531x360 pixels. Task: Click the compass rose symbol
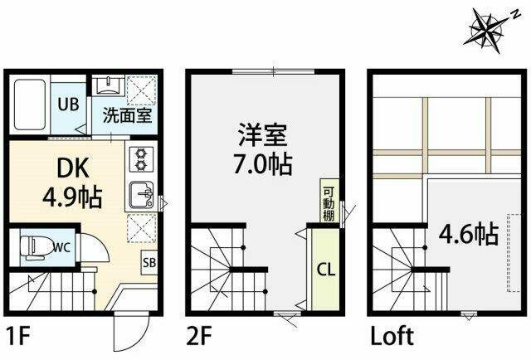487,31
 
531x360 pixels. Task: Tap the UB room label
68,105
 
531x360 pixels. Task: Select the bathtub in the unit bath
30,105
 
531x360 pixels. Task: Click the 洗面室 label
127,115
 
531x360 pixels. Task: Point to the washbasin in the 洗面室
108,85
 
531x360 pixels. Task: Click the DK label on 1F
73,168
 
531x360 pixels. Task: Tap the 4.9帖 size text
72,197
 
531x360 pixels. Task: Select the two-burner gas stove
140,159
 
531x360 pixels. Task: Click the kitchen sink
142,195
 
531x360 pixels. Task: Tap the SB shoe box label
149,262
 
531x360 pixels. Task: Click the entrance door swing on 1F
131,331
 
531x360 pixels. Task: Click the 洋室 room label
263,134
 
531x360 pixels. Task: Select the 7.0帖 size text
263,164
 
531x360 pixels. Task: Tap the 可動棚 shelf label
329,204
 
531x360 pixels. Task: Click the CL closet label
326,270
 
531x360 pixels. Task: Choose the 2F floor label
199,336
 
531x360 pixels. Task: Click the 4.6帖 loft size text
469,235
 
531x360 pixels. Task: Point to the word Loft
392,336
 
